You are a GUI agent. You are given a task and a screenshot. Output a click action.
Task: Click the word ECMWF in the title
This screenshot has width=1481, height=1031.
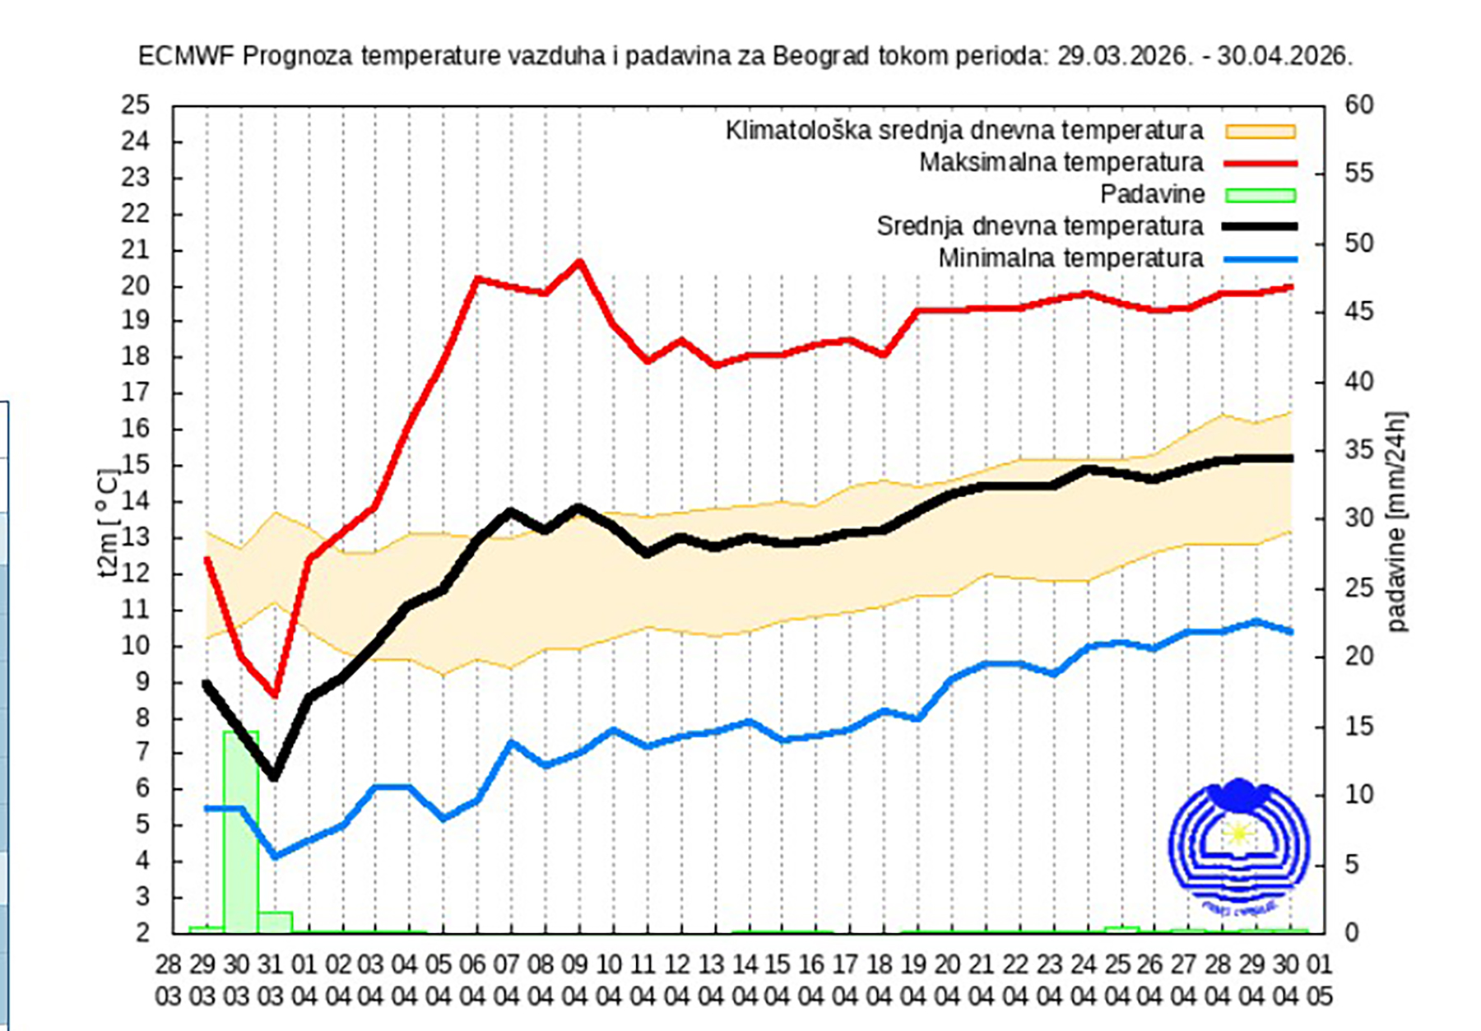(x=187, y=56)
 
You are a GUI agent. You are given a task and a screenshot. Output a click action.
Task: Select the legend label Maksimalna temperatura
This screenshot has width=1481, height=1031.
(x=1061, y=163)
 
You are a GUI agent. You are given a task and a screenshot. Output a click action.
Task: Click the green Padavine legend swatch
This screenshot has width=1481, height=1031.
(x=1260, y=195)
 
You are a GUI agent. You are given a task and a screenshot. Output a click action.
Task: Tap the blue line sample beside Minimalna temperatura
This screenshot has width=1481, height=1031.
(x=1260, y=259)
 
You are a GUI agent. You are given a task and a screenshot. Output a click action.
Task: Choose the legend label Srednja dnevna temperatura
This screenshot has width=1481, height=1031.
(x=1039, y=226)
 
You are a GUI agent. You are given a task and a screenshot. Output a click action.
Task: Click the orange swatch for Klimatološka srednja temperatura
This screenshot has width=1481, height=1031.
(x=1260, y=132)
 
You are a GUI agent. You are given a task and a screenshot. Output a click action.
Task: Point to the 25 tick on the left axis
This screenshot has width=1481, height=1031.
(x=136, y=105)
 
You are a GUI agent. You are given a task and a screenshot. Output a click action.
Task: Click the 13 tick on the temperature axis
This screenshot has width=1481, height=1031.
(x=136, y=538)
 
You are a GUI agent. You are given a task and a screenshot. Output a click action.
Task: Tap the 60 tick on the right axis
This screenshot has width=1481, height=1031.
(x=1359, y=105)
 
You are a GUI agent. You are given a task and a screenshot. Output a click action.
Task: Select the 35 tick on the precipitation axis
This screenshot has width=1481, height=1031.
(x=1359, y=450)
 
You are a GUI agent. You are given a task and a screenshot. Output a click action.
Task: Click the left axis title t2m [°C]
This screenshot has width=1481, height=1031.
(x=109, y=523)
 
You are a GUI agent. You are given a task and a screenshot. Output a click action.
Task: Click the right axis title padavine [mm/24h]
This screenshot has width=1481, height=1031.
(x=1396, y=522)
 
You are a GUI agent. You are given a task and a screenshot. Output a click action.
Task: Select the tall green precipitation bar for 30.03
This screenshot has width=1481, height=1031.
(x=241, y=831)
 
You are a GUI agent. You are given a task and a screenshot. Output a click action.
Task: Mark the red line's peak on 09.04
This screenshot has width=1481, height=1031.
(x=579, y=262)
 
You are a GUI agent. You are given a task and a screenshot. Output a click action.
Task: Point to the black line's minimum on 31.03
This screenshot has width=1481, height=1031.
(x=274, y=775)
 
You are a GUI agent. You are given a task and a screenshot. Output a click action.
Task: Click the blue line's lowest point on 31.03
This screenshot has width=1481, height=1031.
(x=275, y=856)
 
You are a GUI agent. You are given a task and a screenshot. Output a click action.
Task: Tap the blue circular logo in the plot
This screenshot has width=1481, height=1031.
(x=1238, y=844)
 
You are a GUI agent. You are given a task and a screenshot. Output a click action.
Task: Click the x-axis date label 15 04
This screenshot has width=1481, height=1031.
(x=778, y=980)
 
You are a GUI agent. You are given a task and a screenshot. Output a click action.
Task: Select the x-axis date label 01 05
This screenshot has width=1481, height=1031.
(x=1319, y=980)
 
